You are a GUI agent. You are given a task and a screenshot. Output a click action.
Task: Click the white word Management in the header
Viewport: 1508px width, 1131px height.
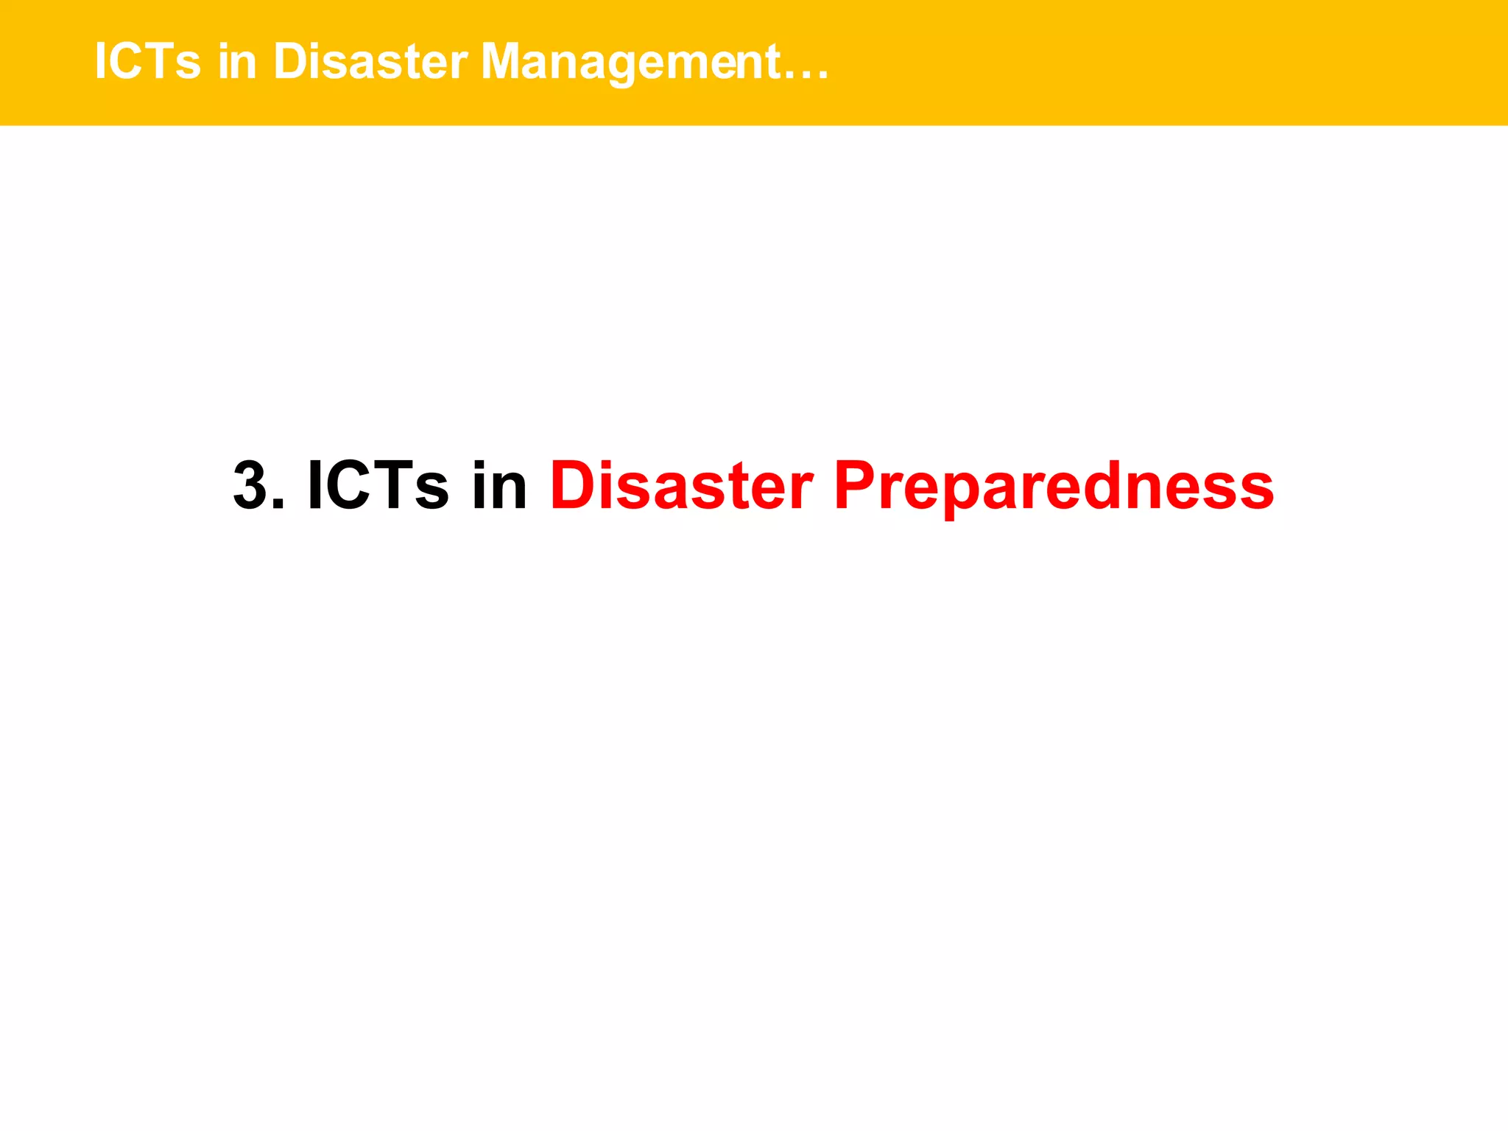click(630, 62)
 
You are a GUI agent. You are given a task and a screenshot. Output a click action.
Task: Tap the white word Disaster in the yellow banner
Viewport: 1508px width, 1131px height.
click(370, 62)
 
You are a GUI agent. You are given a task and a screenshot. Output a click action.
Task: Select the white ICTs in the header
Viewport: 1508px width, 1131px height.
click(147, 62)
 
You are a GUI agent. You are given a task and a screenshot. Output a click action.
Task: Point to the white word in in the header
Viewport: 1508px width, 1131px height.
click(237, 62)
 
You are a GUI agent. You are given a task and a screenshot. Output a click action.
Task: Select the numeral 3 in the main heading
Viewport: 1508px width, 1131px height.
click(250, 486)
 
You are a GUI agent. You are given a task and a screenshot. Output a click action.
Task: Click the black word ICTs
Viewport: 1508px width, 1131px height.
click(377, 486)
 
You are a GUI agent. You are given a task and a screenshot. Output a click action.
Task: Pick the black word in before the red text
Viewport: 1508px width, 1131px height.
click(499, 486)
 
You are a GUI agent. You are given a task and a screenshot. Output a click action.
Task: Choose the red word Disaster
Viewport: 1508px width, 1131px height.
click(681, 486)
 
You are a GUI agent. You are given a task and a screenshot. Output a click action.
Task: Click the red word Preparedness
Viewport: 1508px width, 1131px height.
click(1054, 486)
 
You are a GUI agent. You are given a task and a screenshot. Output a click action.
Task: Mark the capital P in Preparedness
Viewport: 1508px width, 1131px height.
click(854, 486)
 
